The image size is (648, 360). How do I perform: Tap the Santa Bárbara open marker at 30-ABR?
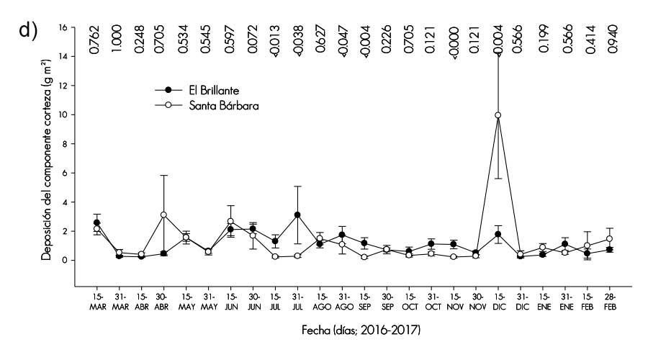164,215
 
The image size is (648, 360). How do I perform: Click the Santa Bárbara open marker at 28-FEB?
609,238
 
